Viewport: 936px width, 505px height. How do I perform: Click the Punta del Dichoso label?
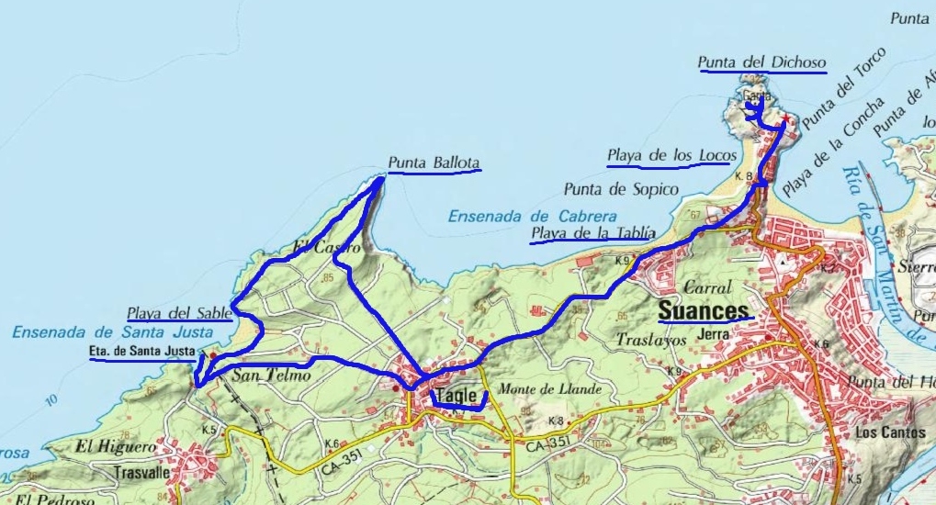point(761,62)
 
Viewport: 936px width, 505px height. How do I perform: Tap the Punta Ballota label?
point(434,163)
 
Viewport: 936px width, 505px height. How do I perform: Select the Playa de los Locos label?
point(670,155)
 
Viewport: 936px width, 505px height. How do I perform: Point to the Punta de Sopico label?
point(621,189)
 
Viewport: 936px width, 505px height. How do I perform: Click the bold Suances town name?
point(704,310)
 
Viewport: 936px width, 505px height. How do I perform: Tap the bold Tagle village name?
point(457,396)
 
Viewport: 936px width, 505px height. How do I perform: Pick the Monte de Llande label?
point(549,389)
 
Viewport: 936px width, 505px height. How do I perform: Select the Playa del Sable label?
point(179,312)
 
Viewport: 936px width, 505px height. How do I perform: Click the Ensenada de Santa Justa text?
point(112,331)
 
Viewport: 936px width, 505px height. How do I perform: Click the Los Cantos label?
point(880,431)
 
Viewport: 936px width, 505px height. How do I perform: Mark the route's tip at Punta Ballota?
point(381,179)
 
